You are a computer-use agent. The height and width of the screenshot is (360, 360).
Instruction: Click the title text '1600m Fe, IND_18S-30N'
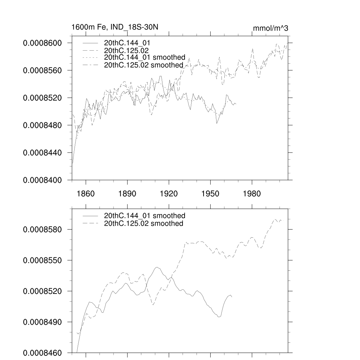coord(112,27)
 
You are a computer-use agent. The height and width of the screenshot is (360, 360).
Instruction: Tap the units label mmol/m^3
coord(271,28)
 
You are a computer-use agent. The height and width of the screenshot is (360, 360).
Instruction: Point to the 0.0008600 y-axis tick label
coord(42,43)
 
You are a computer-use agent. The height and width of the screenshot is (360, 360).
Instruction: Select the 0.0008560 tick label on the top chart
coord(42,70)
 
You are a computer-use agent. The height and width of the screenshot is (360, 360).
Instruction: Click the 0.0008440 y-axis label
coord(42,153)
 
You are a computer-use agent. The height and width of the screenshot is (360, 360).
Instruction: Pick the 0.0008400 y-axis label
coord(42,180)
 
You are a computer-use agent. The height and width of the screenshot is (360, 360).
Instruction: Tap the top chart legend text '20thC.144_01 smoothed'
coord(144,58)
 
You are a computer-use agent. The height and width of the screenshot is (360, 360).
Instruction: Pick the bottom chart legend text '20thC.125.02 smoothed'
coord(144,224)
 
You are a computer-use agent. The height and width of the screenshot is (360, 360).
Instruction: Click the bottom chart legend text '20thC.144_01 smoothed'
coord(144,216)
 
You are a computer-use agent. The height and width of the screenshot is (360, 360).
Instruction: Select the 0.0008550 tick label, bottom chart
coord(42,260)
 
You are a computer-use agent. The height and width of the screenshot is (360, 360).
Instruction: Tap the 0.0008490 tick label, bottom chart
coord(42,322)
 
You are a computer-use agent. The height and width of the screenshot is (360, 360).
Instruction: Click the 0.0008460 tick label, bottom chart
coord(42,353)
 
